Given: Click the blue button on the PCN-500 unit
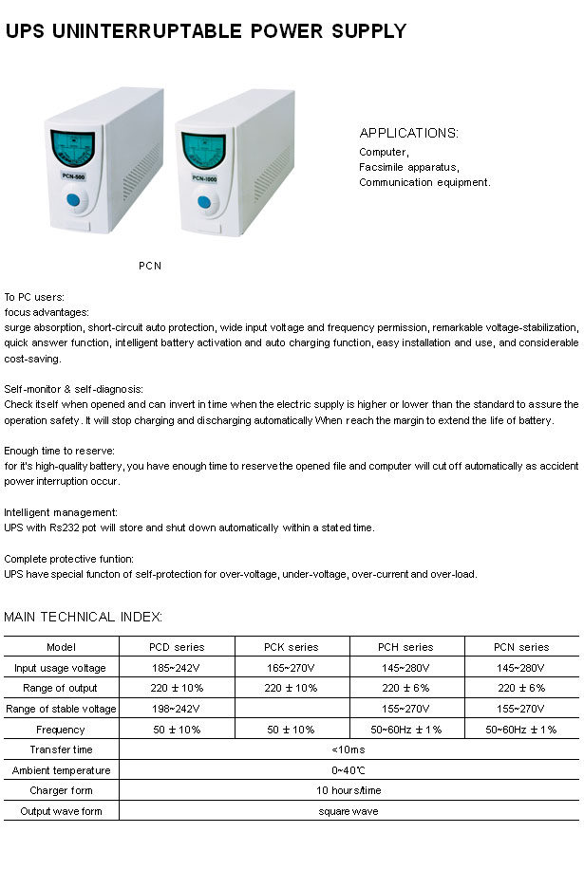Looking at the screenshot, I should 73,201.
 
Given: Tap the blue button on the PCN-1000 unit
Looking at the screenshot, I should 204,202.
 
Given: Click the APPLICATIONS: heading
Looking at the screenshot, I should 408,133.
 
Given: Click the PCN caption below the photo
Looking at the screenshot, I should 150,266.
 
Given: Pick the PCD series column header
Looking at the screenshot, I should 177,647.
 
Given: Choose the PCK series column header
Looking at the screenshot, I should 292,647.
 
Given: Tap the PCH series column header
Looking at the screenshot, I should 405,647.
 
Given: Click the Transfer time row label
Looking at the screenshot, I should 61,749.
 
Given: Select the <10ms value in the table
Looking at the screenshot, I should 349,749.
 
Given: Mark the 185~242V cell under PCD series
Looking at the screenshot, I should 177,668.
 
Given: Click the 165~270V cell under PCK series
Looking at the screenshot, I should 292,668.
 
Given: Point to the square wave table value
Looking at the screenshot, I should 349,811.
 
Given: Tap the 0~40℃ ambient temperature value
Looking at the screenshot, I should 349,770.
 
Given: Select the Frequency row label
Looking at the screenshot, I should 61,730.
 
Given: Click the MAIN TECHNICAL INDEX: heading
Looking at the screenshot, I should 84,617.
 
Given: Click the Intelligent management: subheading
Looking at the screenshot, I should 61,512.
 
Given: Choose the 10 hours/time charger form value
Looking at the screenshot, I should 349,790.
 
